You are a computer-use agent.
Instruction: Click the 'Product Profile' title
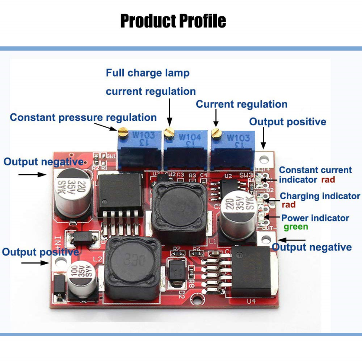173,21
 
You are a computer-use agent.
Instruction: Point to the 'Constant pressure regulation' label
83,117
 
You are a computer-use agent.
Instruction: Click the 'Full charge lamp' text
148,73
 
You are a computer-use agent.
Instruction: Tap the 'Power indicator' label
315,218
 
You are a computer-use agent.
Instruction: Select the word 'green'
296,227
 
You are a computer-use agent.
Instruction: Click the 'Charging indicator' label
320,196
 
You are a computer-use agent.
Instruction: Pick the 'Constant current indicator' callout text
315,175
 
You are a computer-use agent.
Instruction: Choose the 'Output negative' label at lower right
312,247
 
